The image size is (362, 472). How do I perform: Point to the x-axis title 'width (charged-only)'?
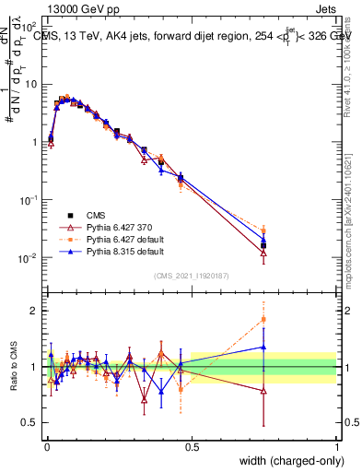(x=287, y=462)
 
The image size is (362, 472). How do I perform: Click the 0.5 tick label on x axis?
(x=191, y=446)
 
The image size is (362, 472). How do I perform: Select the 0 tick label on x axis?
(x=47, y=446)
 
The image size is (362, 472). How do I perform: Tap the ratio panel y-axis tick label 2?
(x=33, y=311)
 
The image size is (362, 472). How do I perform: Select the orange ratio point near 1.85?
(x=263, y=320)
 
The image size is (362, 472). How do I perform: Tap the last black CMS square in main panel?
(x=263, y=245)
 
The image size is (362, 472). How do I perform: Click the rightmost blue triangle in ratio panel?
(x=263, y=348)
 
